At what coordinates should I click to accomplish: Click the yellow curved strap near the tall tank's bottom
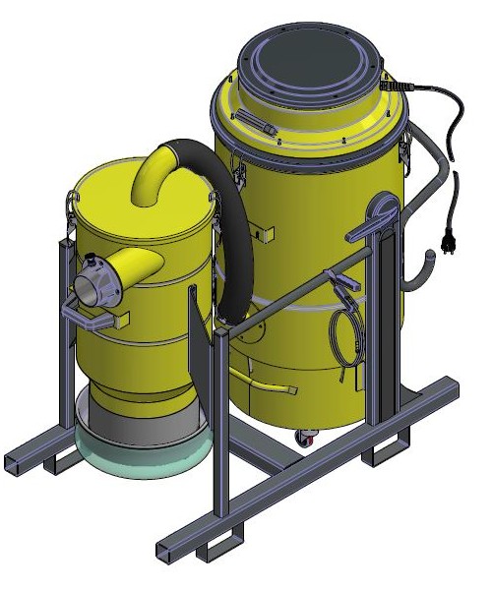click(x=266, y=379)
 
